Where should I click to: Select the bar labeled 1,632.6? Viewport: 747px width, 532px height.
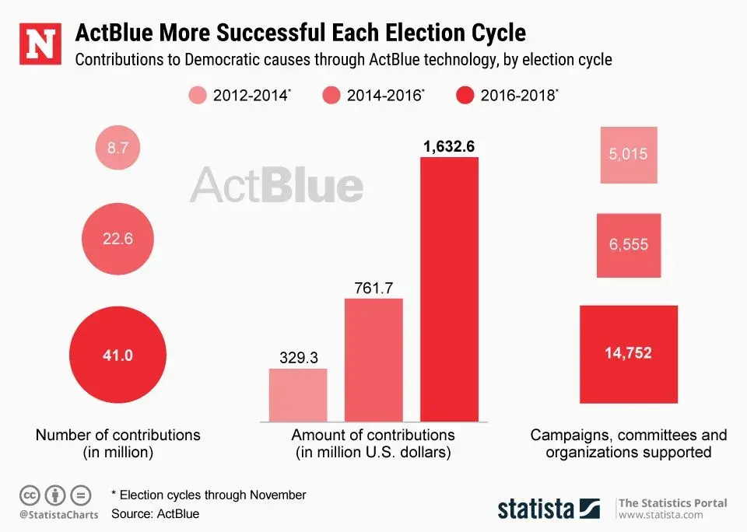[450, 288]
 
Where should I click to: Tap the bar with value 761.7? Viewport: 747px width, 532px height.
[373, 359]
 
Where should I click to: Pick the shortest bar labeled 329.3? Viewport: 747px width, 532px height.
[298, 394]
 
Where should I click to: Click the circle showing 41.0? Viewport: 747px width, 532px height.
[117, 356]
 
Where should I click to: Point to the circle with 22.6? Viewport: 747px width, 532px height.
[117, 240]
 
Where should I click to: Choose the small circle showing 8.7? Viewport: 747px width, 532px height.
[117, 147]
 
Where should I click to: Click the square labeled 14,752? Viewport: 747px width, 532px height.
[629, 353]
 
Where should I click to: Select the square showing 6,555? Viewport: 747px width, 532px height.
[629, 245]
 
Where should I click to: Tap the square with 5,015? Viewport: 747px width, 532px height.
[629, 155]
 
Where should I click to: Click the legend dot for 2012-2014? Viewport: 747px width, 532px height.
[198, 96]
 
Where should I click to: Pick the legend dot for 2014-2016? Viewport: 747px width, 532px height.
[331, 96]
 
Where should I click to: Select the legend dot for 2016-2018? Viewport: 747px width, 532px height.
[465, 96]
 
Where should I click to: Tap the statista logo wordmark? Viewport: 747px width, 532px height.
[536, 509]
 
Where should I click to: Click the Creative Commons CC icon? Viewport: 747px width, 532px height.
[30, 495]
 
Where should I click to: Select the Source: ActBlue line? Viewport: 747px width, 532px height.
[155, 514]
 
